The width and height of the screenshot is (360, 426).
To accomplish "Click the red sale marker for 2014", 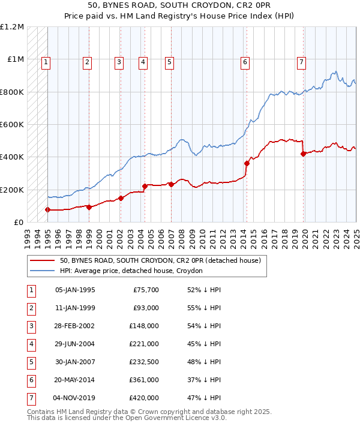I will point(247,163).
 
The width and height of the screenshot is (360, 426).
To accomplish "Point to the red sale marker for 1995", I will point(47,209).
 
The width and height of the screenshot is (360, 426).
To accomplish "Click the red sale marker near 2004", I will point(145,186).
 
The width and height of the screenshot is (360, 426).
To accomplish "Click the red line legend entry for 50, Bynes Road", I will point(160,261).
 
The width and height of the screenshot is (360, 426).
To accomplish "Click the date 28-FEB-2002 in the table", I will point(75,326).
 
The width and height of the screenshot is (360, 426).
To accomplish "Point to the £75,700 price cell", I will point(146,290).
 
